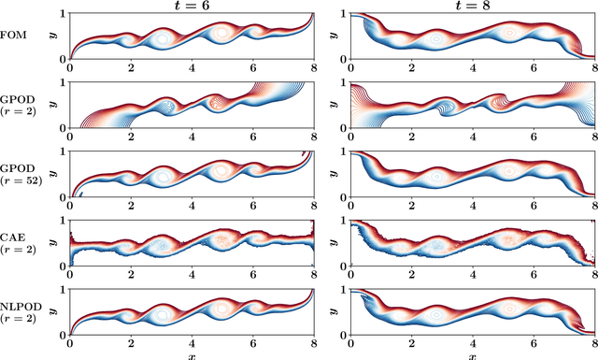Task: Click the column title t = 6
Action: tap(192, 6)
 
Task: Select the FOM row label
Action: tap(17, 36)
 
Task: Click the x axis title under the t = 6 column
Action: tap(192, 355)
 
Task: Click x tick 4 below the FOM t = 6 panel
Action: tap(192, 68)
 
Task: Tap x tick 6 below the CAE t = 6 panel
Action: tap(253, 276)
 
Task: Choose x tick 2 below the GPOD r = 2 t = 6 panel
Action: tap(131, 137)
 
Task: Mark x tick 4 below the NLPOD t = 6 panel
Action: tap(192, 345)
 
